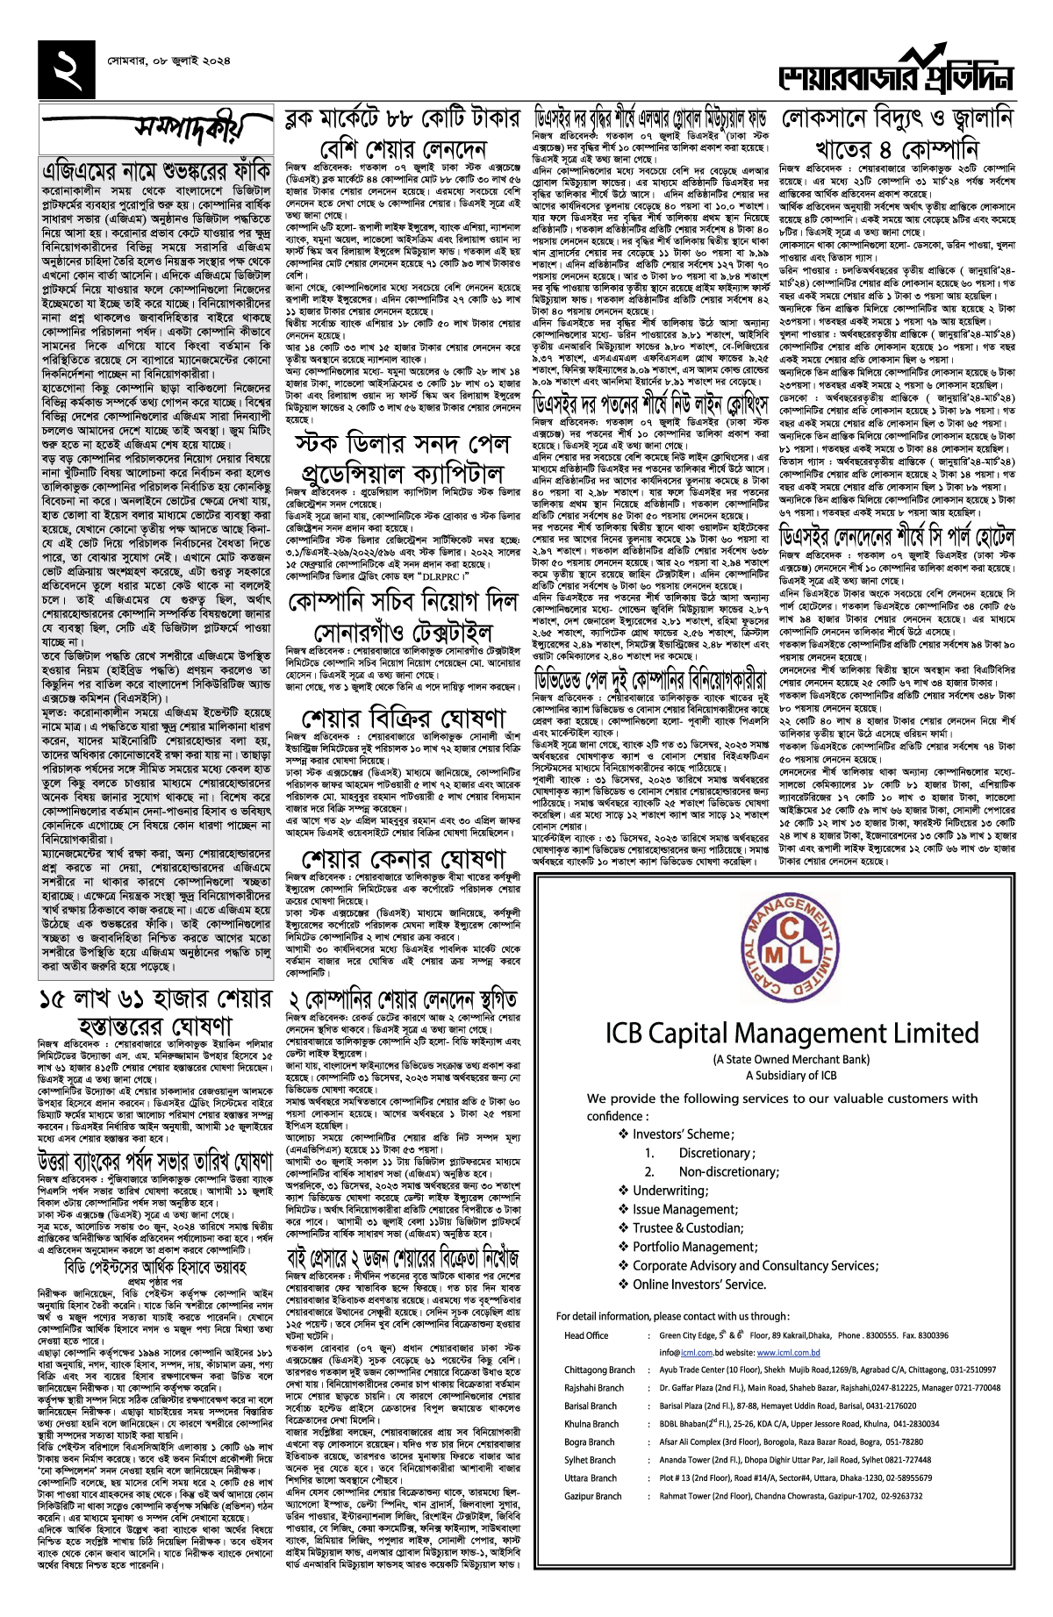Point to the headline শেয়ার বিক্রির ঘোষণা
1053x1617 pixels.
[404, 716]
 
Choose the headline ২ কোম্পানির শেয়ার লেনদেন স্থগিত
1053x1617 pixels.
[404, 999]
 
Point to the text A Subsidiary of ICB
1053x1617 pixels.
[792, 1075]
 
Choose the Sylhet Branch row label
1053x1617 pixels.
[590, 1460]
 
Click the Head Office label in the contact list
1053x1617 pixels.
[586, 1335]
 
